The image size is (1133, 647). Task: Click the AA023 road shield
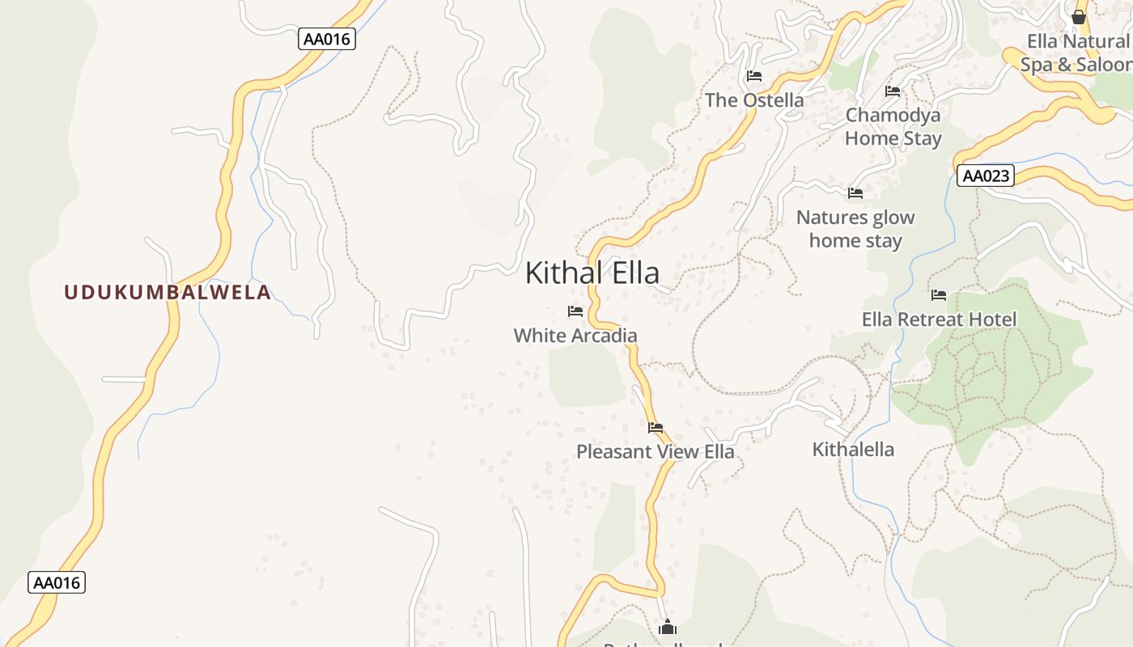tap(985, 175)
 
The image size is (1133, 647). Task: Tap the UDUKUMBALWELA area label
tap(168, 292)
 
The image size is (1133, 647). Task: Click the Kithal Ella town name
tap(592, 273)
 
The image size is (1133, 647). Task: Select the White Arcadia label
tap(575, 335)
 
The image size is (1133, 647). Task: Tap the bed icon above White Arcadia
tap(575, 311)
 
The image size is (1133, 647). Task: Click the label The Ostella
tap(754, 100)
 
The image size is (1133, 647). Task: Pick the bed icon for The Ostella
tap(754, 77)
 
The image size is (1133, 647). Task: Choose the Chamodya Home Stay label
tap(893, 126)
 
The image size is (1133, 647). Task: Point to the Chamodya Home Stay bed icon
tap(893, 91)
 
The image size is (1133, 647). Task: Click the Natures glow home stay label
tap(855, 229)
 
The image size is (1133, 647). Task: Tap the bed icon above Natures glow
tap(855, 193)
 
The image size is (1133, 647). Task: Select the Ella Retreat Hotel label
tap(939, 319)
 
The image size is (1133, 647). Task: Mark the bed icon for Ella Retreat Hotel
tap(939, 295)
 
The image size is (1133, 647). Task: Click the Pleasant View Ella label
tap(656, 451)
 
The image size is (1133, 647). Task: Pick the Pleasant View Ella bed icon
tap(656, 428)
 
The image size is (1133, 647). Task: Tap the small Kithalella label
tap(853, 450)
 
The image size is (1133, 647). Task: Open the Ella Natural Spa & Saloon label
tap(1077, 53)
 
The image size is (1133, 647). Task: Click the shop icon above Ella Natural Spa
tap(1078, 17)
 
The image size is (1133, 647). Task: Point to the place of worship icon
tap(668, 627)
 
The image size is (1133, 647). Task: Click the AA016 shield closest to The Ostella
tap(327, 39)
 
